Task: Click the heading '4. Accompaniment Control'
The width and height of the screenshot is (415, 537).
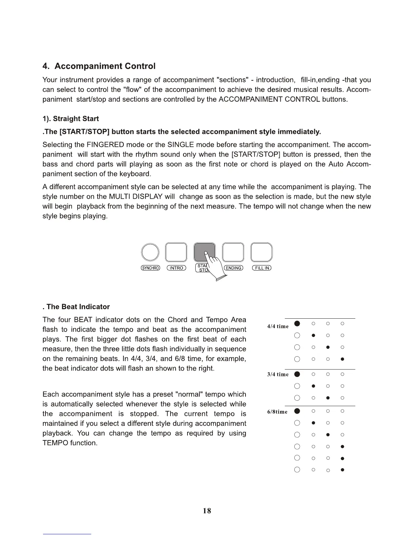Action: [x=99, y=66]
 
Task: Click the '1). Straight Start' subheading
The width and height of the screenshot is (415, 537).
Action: [x=71, y=119]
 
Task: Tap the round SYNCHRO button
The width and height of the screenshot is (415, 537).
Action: [x=150, y=253]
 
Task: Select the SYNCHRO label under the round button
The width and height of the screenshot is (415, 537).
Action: [x=150, y=268]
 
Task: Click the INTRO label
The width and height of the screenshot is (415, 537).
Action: [x=176, y=268]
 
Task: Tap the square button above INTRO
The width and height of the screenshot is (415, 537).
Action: [x=176, y=253]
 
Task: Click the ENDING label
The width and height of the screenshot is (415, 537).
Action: [x=234, y=268]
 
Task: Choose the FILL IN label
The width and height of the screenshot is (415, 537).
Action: [x=262, y=268]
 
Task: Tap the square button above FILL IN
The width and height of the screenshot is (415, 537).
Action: [x=261, y=253]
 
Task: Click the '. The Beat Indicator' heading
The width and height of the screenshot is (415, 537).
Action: [x=76, y=307]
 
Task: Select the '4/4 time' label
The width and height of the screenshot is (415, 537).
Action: [x=278, y=326]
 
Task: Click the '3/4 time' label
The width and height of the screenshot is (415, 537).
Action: [x=278, y=374]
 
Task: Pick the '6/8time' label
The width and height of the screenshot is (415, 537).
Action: [x=277, y=412]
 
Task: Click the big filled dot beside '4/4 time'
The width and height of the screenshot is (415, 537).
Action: [x=297, y=323]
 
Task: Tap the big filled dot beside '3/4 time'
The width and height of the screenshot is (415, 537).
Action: [x=297, y=374]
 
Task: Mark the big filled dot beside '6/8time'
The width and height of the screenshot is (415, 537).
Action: [x=297, y=411]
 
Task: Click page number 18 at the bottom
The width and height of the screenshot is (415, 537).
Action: [x=207, y=511]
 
